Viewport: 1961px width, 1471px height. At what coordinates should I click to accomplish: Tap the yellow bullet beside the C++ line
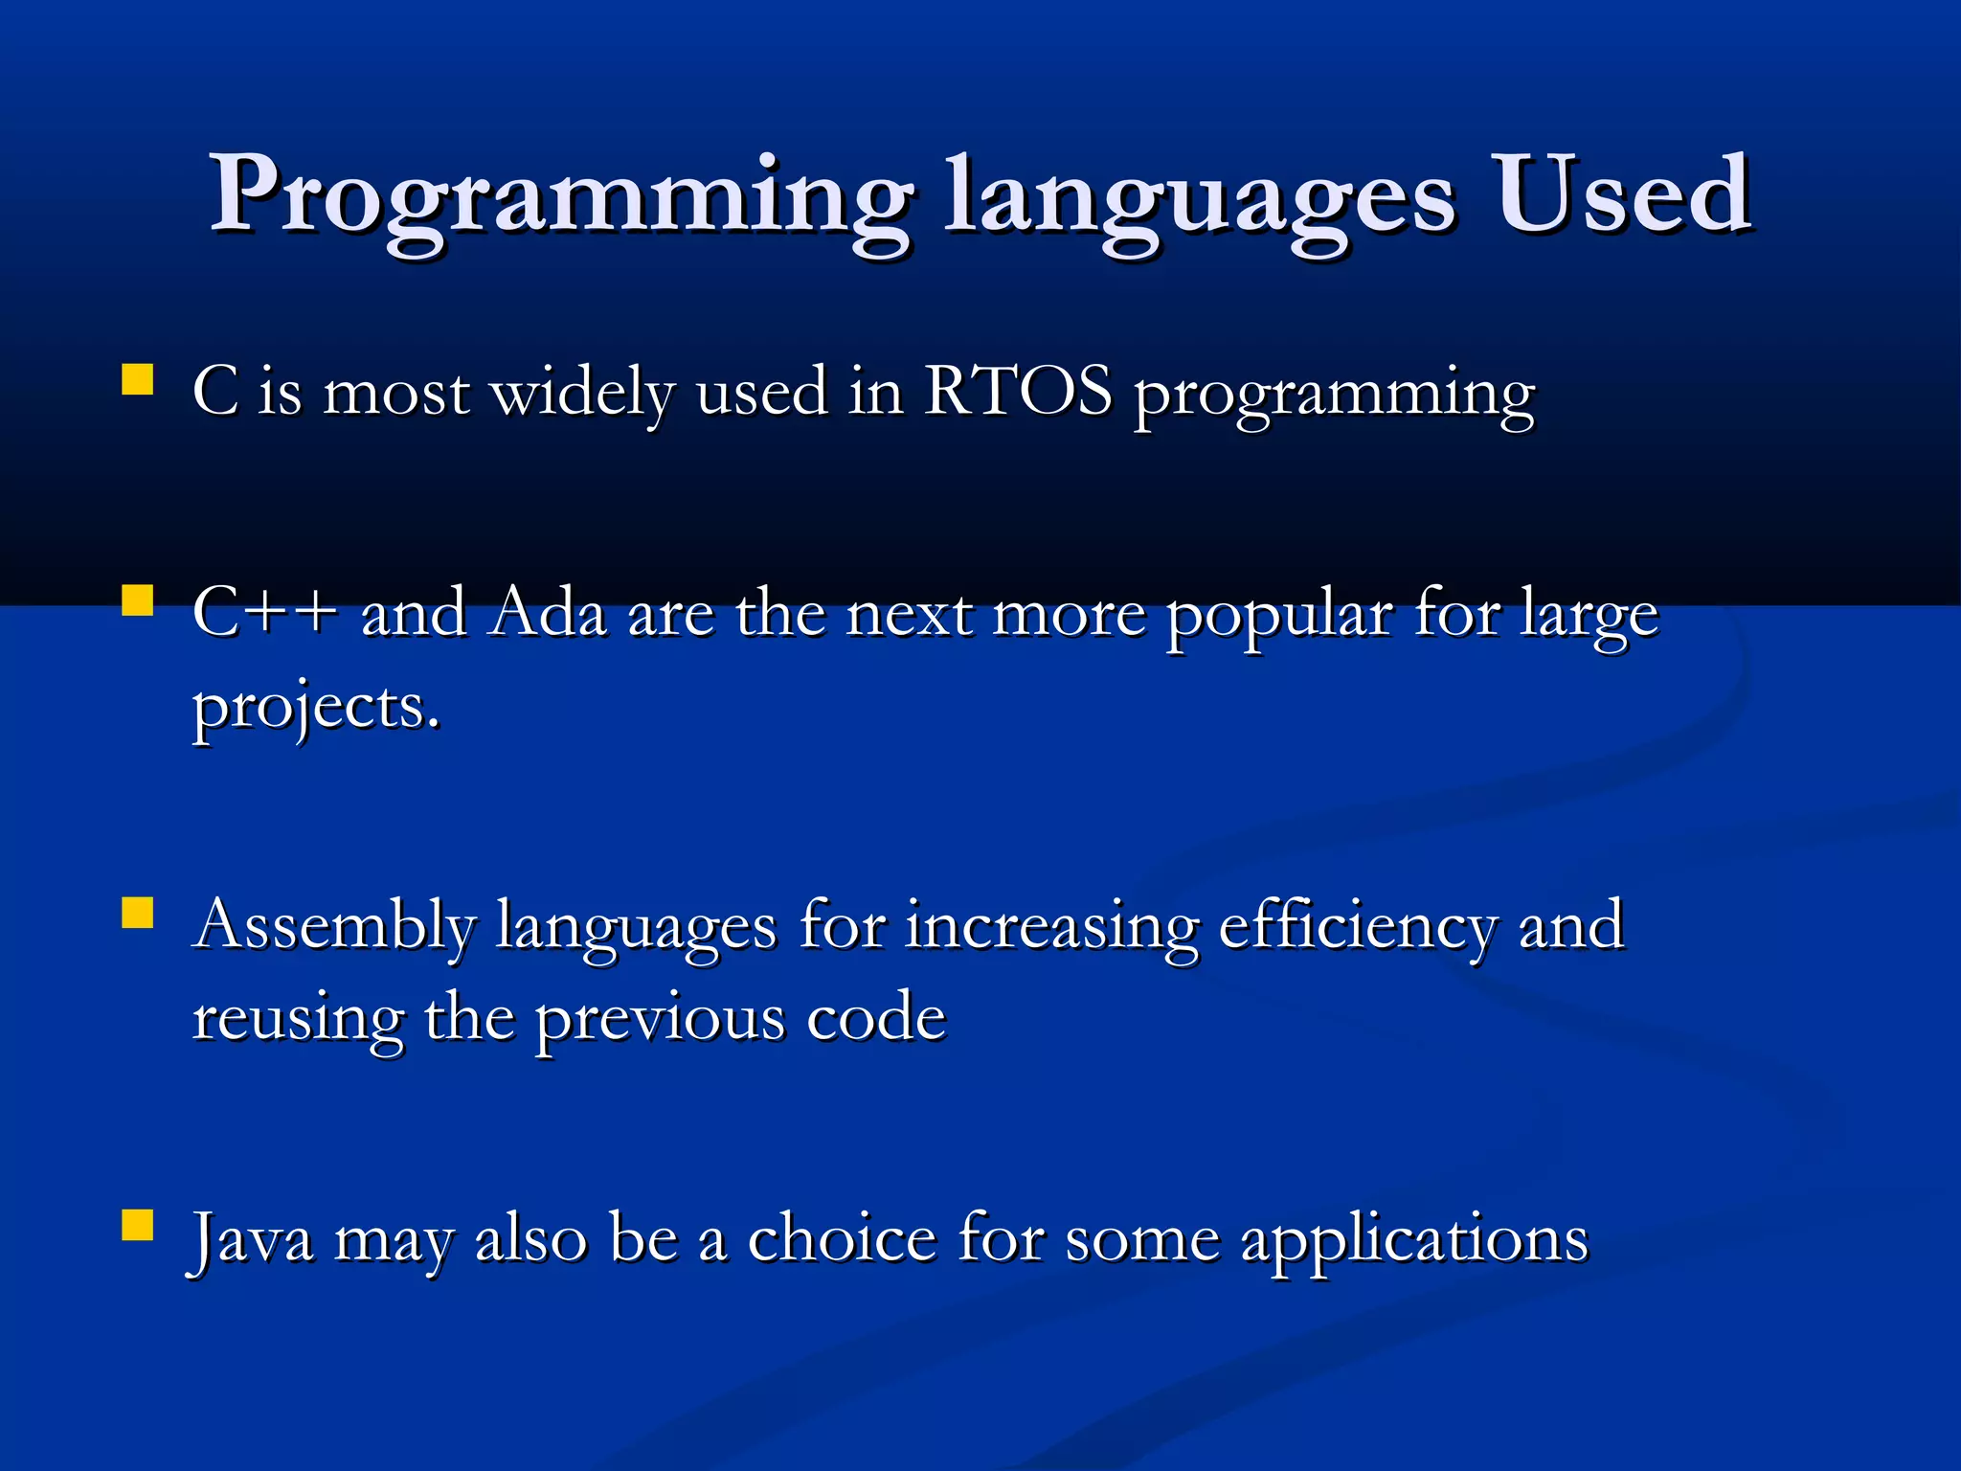(x=138, y=600)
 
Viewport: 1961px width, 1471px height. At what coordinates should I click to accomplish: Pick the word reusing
(x=298, y=1019)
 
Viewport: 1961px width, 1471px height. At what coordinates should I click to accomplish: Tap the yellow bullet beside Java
(x=138, y=1225)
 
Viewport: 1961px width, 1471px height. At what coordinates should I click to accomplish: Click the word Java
(x=252, y=1238)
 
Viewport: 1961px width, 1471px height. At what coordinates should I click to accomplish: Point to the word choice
(x=841, y=1238)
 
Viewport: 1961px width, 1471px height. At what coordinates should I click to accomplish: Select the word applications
(x=1414, y=1240)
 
